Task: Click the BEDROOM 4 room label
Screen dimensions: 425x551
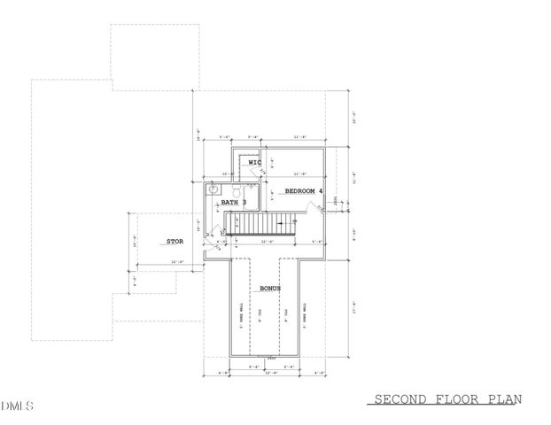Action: (x=304, y=190)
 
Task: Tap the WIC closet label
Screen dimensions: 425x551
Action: (x=254, y=163)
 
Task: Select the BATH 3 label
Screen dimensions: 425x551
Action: (x=234, y=203)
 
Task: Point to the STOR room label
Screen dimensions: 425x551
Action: (x=174, y=241)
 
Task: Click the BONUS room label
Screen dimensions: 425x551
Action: (x=270, y=290)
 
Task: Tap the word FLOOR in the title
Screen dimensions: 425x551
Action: (x=454, y=400)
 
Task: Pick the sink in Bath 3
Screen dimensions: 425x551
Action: (x=213, y=189)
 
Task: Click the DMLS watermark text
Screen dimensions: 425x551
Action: (x=17, y=406)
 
